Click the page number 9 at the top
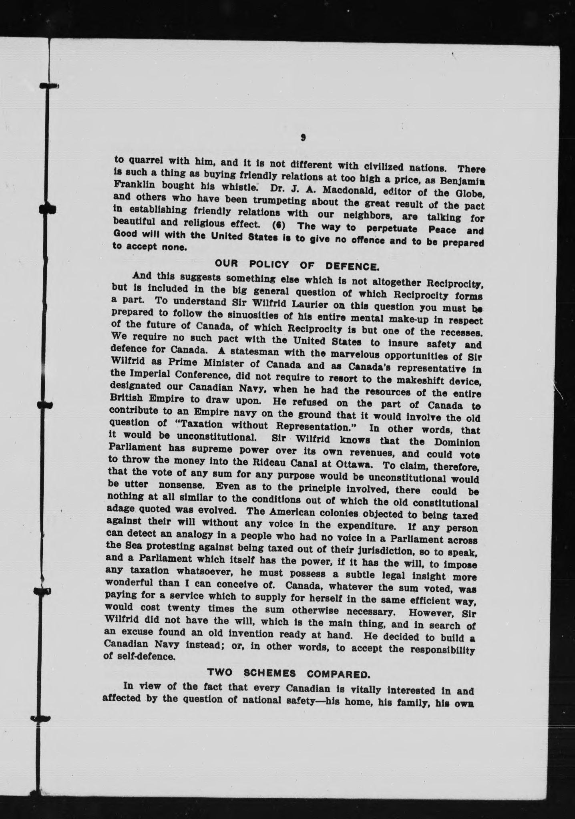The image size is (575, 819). tap(304, 137)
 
